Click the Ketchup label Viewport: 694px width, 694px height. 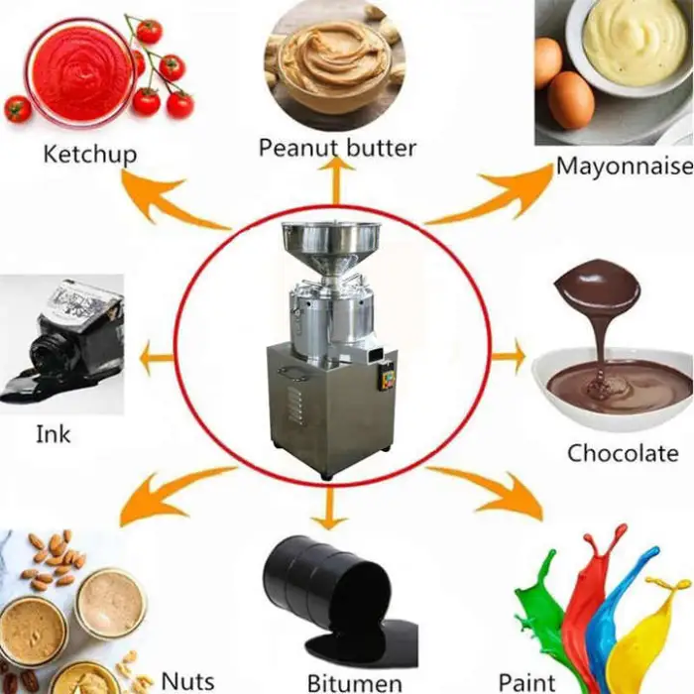(x=89, y=154)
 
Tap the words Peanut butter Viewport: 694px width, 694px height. (x=337, y=148)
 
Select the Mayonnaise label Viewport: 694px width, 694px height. (x=624, y=165)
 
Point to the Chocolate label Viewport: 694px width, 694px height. (x=623, y=453)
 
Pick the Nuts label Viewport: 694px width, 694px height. (x=187, y=680)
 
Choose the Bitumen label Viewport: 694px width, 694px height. (x=355, y=682)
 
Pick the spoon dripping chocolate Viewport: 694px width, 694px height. (x=596, y=288)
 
